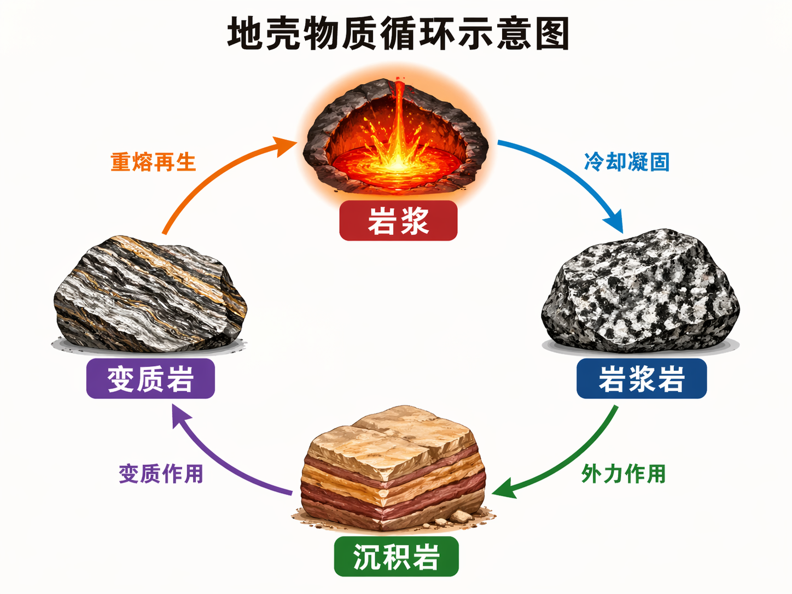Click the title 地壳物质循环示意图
pyautogui.click(x=398, y=34)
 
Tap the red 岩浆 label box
pyautogui.click(x=398, y=221)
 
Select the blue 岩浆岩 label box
pyautogui.click(x=642, y=378)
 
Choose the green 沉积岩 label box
pyautogui.click(x=396, y=557)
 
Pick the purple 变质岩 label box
pyautogui.click(x=150, y=378)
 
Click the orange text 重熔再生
pyautogui.click(x=153, y=162)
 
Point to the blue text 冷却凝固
pyautogui.click(x=627, y=162)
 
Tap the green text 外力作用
pyautogui.click(x=624, y=474)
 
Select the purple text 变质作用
pyautogui.click(x=161, y=474)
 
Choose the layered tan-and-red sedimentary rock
pyautogui.click(x=393, y=470)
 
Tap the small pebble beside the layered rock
pyautogui.click(x=461, y=516)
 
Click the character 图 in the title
pyautogui.click(x=552, y=34)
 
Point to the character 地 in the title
pyautogui.click(x=245, y=34)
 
